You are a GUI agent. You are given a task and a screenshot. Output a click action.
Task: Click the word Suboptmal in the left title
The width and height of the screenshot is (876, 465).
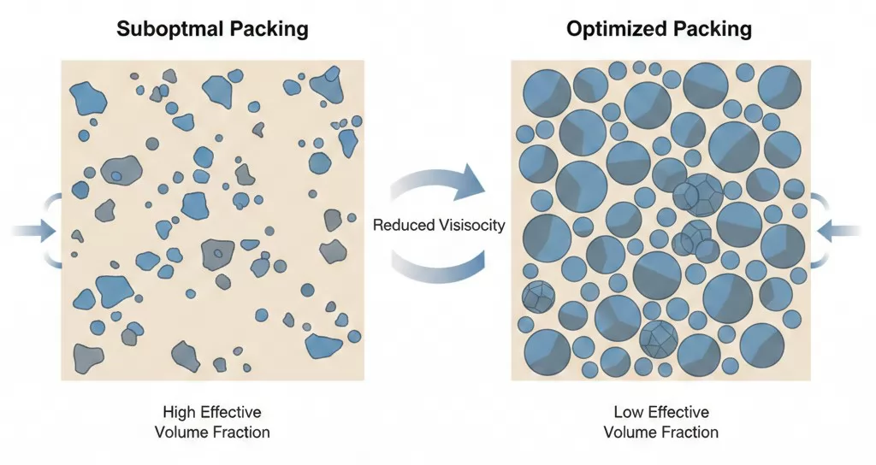171,29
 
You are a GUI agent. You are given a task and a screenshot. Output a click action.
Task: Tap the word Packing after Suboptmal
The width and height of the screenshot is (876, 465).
268,29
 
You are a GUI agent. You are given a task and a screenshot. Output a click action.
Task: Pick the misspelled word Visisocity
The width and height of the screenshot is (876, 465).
473,226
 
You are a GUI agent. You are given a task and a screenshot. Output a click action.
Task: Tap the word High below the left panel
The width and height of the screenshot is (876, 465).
176,413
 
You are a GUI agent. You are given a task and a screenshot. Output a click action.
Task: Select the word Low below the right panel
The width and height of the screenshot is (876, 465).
630,413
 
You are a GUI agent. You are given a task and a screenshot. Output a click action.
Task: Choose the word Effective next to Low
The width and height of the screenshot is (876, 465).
679,413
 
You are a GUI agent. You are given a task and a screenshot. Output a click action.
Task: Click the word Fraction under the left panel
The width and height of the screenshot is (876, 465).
242,432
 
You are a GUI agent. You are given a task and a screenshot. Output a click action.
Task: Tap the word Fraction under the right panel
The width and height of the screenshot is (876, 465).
691,432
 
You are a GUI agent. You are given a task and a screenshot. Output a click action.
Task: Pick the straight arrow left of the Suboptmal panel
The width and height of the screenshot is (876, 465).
34,230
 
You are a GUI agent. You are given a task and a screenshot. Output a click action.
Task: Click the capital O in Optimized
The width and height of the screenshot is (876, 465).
576,29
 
